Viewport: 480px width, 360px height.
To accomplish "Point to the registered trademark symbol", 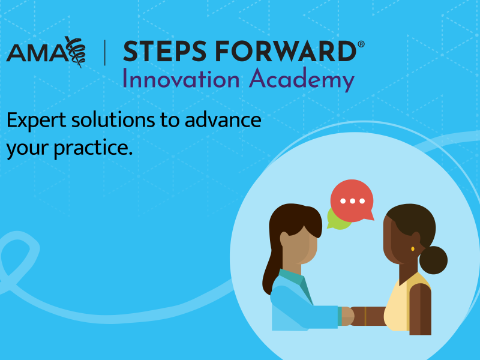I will click(361, 45).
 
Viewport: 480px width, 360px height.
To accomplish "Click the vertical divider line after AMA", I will click(106, 53).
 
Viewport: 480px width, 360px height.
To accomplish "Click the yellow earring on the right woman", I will click(413, 248).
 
